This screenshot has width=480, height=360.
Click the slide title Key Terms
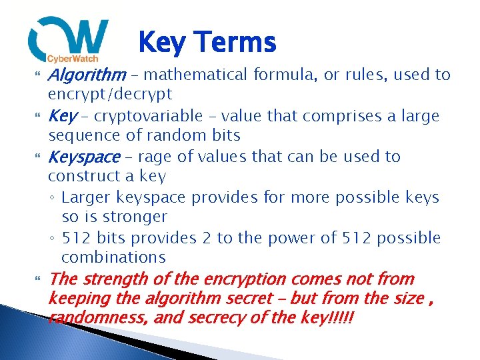(207, 43)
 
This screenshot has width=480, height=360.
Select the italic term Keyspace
(84, 157)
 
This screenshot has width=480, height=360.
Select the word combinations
(113, 257)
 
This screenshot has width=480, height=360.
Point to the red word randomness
(98, 318)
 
